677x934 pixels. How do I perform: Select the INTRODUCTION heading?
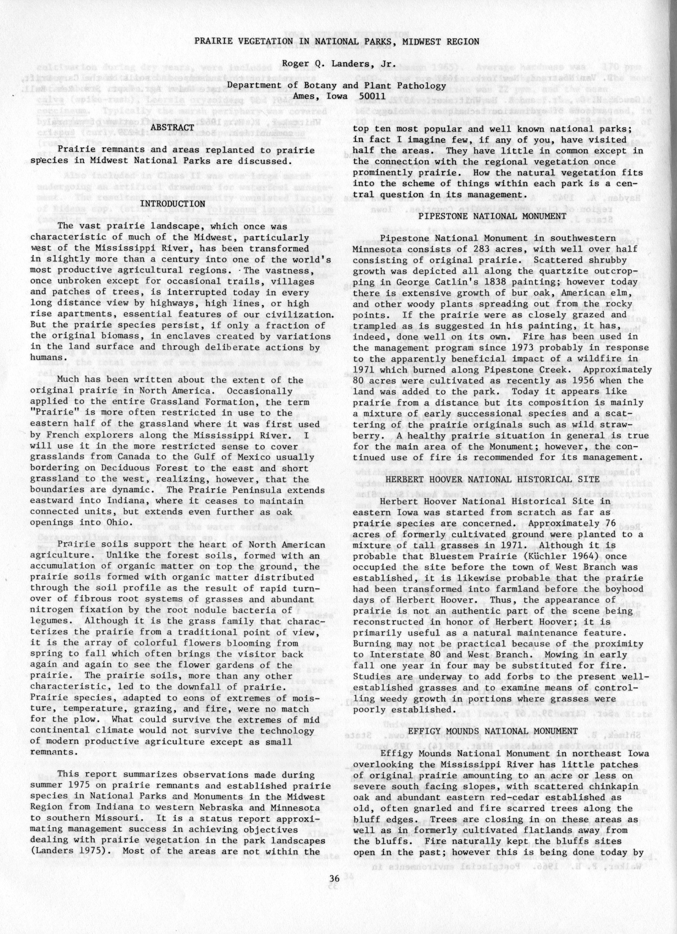[x=173, y=204]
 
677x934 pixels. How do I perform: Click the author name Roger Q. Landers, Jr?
[x=336, y=64]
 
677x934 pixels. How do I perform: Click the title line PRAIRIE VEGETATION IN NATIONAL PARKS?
[x=336, y=42]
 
